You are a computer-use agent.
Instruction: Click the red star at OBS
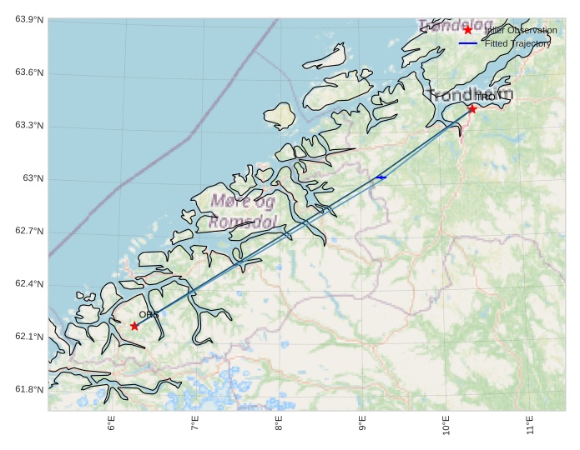click(x=134, y=326)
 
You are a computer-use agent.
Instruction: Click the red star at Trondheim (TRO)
click(x=472, y=108)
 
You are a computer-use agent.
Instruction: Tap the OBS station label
click(x=149, y=315)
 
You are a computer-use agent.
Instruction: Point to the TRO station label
click(x=485, y=97)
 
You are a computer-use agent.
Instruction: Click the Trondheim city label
click(x=470, y=95)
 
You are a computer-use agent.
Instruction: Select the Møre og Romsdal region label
click(x=243, y=212)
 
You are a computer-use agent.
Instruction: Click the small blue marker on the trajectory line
click(x=381, y=177)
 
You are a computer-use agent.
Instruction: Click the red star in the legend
click(x=467, y=30)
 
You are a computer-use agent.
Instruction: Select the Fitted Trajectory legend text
click(x=517, y=43)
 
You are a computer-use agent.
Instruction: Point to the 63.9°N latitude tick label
click(x=29, y=20)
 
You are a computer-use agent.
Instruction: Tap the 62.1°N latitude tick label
click(x=29, y=337)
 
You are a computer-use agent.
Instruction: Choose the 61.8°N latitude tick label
click(x=29, y=390)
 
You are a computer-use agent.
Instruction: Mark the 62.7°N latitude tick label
click(x=29, y=232)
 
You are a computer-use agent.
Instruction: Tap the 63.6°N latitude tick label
click(x=29, y=73)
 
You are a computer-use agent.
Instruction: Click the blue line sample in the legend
click(x=467, y=43)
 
